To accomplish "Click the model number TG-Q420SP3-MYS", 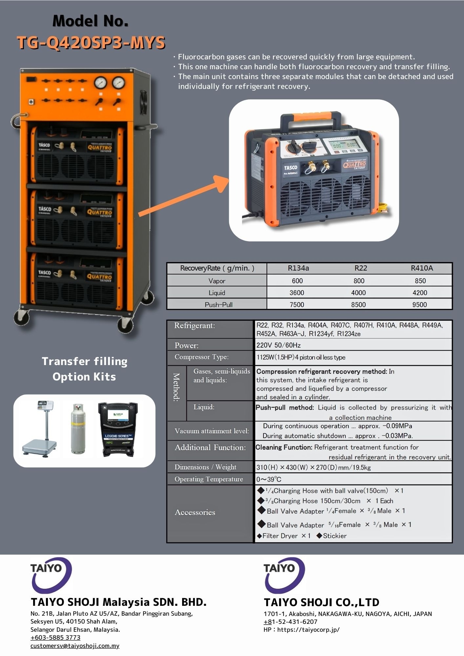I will [x=91, y=43].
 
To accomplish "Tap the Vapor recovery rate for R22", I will [x=359, y=281].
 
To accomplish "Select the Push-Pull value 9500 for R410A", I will [x=419, y=305].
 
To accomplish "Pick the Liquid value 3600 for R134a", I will [x=297, y=293].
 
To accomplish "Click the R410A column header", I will [x=422, y=268].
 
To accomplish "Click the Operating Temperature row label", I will [x=209, y=479].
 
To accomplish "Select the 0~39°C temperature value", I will [x=269, y=479].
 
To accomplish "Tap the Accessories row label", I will [x=195, y=512].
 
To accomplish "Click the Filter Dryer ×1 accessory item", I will [x=284, y=536].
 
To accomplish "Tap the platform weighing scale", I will [x=41, y=430].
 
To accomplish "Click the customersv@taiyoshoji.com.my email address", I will [x=75, y=646].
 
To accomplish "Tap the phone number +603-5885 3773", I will [x=55, y=637].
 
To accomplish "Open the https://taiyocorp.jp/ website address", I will [x=308, y=629].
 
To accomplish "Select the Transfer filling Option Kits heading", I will [x=84, y=369].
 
